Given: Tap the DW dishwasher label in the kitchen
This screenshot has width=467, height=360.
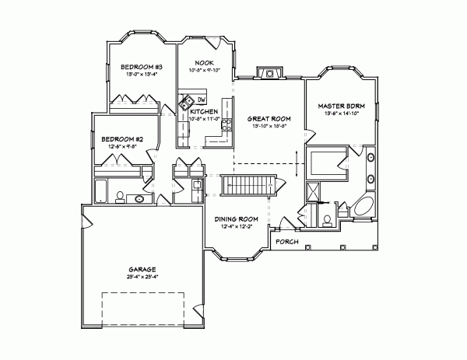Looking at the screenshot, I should point(201,100).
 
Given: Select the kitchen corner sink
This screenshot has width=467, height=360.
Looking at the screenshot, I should point(187,101).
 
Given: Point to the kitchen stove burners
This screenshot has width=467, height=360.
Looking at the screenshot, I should point(227,124).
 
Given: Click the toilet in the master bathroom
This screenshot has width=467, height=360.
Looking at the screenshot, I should point(328,219).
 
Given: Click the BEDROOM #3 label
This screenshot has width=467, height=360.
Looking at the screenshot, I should point(141,68).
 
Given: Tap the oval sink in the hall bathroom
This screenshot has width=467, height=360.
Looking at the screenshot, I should point(141,199).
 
